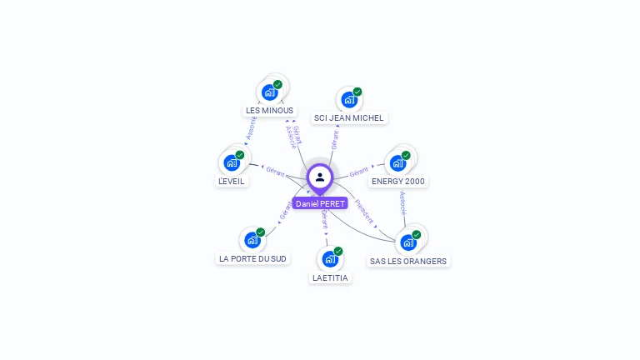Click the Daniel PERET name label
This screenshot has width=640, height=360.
320,203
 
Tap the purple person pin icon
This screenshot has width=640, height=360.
320,177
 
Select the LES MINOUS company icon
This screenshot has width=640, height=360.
269,92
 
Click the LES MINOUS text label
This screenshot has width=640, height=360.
269,110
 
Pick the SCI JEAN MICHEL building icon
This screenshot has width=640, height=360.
348,100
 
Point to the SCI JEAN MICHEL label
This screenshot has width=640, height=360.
348,118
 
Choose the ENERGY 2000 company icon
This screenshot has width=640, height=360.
397,163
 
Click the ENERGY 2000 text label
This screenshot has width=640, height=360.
397,182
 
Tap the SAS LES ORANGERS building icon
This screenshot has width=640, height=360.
407,242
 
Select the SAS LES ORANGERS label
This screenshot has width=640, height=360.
408,261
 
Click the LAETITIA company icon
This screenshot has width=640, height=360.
329,259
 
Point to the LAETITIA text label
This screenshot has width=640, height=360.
330,277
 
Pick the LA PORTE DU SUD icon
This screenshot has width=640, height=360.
252,240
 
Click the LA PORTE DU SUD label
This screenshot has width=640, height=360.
252,258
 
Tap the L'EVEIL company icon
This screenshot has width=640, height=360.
231,162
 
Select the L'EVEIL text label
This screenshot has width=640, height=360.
232,182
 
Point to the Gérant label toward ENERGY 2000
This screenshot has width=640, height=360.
359,172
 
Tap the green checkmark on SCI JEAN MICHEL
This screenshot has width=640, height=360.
357,92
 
